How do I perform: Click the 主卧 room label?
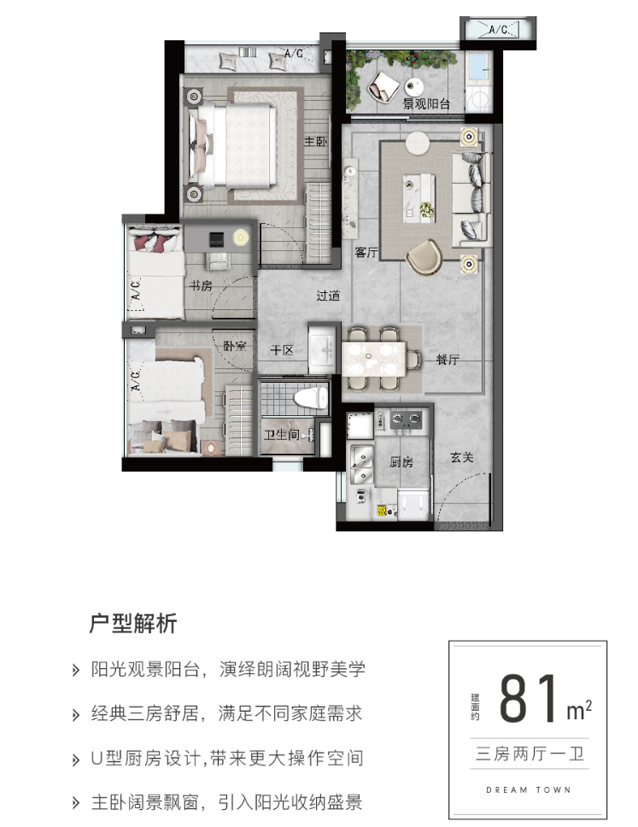(x=315, y=141)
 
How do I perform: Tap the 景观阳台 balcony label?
(x=426, y=103)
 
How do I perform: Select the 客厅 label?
(x=366, y=253)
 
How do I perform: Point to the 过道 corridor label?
(x=328, y=296)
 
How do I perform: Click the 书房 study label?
(x=201, y=285)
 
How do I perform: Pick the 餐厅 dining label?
(x=448, y=360)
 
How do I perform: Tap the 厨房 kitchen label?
(x=401, y=462)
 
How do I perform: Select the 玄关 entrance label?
(x=462, y=457)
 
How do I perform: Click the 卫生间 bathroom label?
(x=282, y=434)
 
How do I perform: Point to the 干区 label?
(x=282, y=350)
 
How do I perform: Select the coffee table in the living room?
(x=419, y=198)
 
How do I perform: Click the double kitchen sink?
(x=361, y=463)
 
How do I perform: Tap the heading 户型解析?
(x=133, y=623)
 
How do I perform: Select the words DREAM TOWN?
(x=529, y=789)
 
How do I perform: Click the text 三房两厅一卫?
(x=530, y=754)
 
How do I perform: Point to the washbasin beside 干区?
(x=322, y=349)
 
